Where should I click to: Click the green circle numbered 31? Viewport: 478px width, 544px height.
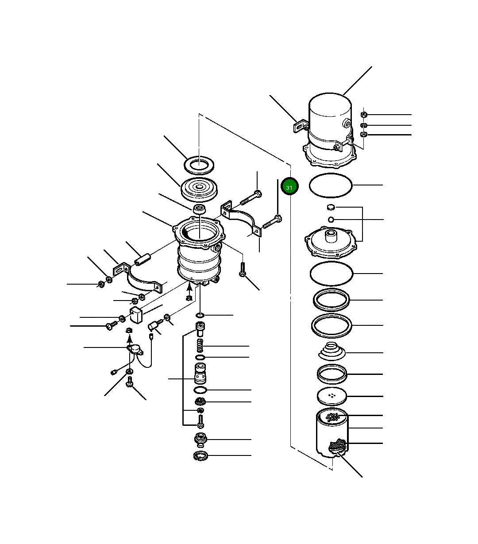point(289,186)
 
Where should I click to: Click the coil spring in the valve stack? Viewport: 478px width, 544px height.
point(200,345)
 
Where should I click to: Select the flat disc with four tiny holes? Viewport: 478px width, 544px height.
point(332,396)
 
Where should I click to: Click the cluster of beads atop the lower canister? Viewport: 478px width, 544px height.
point(332,417)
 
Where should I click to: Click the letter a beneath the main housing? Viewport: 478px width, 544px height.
point(189,297)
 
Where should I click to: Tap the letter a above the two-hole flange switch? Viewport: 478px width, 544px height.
point(129,330)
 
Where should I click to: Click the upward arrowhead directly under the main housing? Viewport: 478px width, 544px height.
point(189,287)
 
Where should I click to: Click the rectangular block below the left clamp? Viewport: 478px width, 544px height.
point(136,315)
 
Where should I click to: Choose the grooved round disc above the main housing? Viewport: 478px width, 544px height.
point(199,189)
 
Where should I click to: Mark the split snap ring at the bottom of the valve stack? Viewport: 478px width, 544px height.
point(200,455)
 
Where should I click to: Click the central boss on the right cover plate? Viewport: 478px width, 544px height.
point(331,235)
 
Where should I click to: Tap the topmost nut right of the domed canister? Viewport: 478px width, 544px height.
point(364,115)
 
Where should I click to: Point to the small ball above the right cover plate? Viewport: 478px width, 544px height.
point(331,220)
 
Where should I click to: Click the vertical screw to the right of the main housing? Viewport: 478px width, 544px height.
point(243,269)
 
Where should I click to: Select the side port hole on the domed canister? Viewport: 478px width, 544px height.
point(346,124)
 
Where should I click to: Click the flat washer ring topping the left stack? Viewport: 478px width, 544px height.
point(199,164)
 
